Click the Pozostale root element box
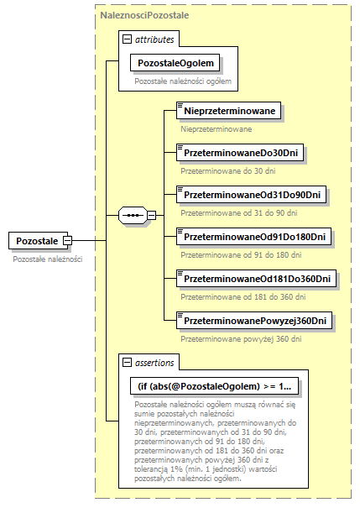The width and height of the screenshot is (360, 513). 37,241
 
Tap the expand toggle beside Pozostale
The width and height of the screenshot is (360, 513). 67,241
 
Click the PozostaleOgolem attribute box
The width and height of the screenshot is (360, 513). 176,63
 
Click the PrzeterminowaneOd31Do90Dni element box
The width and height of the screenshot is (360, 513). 252,194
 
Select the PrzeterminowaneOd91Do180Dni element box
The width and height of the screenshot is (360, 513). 255,237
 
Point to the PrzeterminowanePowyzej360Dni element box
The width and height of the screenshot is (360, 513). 255,321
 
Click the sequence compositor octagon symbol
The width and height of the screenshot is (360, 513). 133,215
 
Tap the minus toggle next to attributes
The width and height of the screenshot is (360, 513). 127,39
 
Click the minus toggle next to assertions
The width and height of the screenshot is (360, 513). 127,363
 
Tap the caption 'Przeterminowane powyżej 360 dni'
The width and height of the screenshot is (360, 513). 243,339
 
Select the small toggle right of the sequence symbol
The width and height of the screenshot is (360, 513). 151,215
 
